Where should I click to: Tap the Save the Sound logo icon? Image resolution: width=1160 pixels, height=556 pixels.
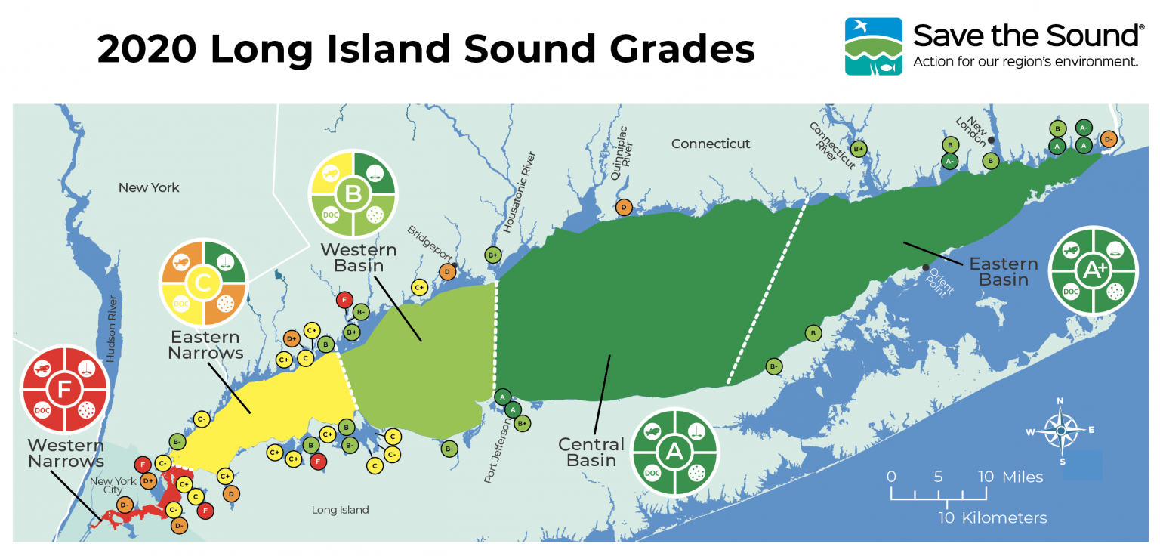(873, 46)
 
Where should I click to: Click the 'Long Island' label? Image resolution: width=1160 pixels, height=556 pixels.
(340, 510)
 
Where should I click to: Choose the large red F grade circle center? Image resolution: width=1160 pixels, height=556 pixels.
(66, 389)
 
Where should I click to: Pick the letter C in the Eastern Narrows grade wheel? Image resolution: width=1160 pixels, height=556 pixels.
(202, 283)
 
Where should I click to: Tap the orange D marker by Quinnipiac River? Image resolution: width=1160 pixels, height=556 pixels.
(624, 208)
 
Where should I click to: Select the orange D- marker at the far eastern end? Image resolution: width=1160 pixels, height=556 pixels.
(1108, 138)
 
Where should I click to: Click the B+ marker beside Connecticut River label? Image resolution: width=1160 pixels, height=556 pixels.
(858, 149)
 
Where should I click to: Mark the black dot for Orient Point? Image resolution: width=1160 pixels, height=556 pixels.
(926, 267)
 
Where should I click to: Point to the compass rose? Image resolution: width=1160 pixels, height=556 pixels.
(1060, 430)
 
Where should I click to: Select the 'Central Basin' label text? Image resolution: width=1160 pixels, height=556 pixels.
(591, 452)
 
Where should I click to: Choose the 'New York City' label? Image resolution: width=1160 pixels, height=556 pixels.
(113, 486)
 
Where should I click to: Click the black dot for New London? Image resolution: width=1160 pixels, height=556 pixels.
(991, 141)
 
